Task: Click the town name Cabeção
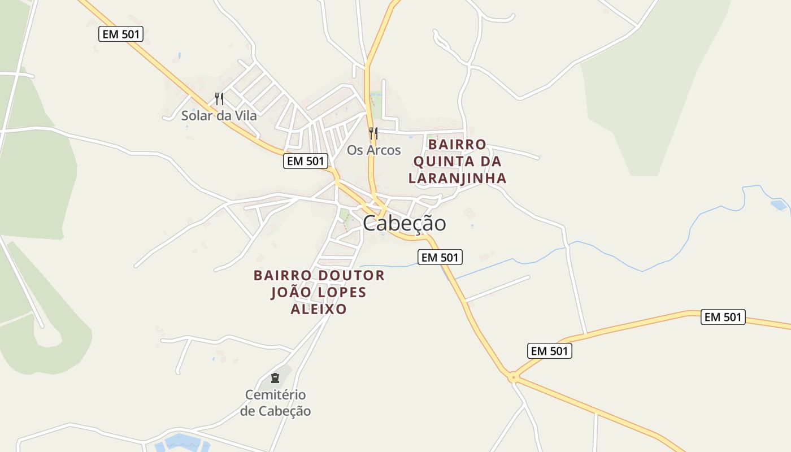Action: [x=404, y=223]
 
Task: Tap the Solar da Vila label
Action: [x=219, y=116]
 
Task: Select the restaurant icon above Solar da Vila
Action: [x=219, y=99]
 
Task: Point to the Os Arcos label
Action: [x=373, y=150]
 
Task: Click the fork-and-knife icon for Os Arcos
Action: [x=373, y=133]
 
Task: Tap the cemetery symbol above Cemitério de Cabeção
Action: [x=275, y=377]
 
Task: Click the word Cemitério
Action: [x=275, y=394]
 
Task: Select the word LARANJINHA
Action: [x=457, y=179]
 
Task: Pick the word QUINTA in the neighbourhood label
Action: [x=442, y=162]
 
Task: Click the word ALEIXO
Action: [x=319, y=309]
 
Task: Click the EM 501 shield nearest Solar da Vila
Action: [x=121, y=34]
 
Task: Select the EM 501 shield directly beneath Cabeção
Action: [x=440, y=258]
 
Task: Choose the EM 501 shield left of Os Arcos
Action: [x=306, y=161]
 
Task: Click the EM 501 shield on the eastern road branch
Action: [x=723, y=317]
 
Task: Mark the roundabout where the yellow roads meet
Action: [x=514, y=377]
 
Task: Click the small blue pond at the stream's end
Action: [x=780, y=205]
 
